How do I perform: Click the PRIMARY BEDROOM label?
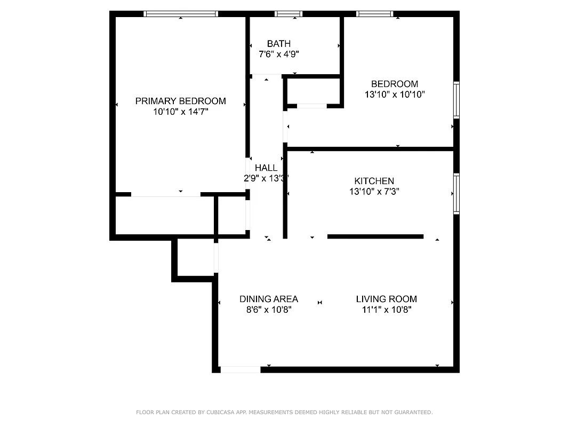click(180, 101)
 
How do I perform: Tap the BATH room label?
click(279, 44)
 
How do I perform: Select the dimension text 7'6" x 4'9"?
click(279, 54)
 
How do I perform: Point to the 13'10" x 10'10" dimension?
click(395, 94)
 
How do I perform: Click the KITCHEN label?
click(374, 181)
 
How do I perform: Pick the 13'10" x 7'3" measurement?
click(374, 191)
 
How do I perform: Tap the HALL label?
click(266, 168)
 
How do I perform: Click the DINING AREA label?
click(268, 299)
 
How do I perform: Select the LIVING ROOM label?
click(386, 299)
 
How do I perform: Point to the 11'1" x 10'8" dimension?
click(386, 309)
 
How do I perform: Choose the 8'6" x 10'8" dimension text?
click(268, 309)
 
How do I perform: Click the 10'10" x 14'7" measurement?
click(180, 112)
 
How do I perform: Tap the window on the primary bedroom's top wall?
click(181, 14)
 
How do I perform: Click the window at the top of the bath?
click(288, 14)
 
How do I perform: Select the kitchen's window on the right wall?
click(456, 193)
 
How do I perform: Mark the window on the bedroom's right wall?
click(456, 99)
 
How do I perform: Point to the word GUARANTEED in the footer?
click(411, 413)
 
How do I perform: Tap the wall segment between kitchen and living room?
click(375, 236)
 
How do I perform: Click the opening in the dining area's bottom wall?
click(241, 369)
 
